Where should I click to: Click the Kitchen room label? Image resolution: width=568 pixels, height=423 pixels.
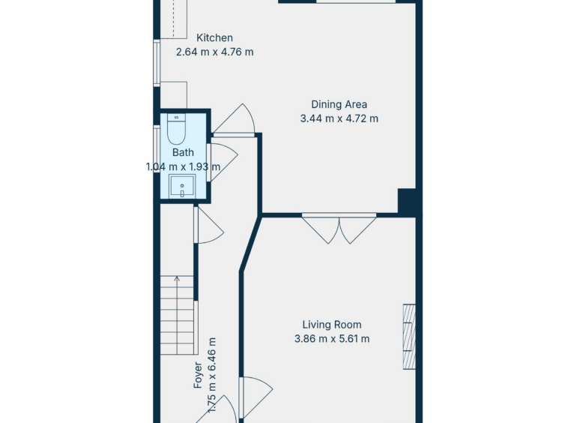coord(214,37)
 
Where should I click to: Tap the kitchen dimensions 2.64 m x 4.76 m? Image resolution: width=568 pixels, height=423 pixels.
coord(215,52)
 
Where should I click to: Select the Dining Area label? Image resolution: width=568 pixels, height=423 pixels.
coord(339,104)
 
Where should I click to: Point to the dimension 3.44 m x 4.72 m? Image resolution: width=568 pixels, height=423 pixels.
coord(339,118)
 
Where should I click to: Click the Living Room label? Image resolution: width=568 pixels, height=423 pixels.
coord(332,325)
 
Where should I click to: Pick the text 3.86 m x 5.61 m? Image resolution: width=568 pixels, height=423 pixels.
coord(332,339)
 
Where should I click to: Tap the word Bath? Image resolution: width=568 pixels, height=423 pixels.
coord(183,152)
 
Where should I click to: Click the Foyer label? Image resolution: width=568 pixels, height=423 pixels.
coord(198,375)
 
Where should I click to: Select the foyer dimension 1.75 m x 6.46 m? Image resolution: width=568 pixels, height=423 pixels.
coord(212,375)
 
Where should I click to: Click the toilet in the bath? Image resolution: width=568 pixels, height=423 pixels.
coord(176,129)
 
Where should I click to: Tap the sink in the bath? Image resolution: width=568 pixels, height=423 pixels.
coord(182,186)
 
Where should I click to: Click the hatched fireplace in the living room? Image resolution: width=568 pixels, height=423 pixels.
coord(409,337)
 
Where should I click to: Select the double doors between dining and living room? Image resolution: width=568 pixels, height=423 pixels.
coord(339,228)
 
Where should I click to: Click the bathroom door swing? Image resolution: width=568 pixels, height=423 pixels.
coord(222,162)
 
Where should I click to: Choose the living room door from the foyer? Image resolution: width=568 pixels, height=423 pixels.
coord(256,397)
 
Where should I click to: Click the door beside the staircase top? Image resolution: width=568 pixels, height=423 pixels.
coord(208,225)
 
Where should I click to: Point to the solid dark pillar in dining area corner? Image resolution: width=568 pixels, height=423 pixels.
coord(407,201)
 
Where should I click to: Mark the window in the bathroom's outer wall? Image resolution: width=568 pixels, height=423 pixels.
coord(157,148)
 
